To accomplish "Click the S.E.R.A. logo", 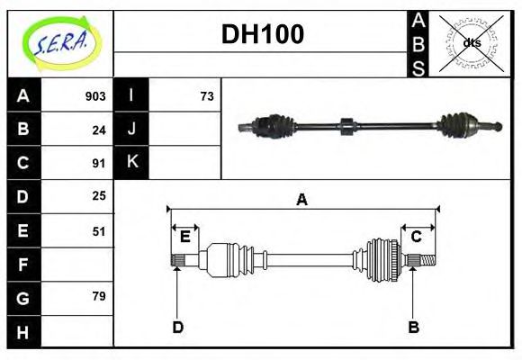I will (x=60, y=42).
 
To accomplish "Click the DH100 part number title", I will (x=262, y=34).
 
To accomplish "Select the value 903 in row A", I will (x=95, y=95).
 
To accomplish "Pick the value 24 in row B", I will (x=99, y=130).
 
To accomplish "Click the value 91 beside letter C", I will (x=99, y=163).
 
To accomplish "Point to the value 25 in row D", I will (x=99, y=195).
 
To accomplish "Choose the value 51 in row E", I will (x=99, y=230).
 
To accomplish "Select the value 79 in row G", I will (x=99, y=296).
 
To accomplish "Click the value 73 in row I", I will (x=207, y=95).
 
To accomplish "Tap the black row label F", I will (x=22, y=265).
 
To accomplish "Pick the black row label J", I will (x=131, y=130).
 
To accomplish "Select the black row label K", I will (x=131, y=163).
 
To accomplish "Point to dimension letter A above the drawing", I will (x=302, y=200).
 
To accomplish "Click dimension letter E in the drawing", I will (x=184, y=237).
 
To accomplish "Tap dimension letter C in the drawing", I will (x=417, y=237).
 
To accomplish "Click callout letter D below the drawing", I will (x=178, y=327).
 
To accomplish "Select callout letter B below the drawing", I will (x=414, y=327).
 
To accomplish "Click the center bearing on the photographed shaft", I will (x=345, y=127).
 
